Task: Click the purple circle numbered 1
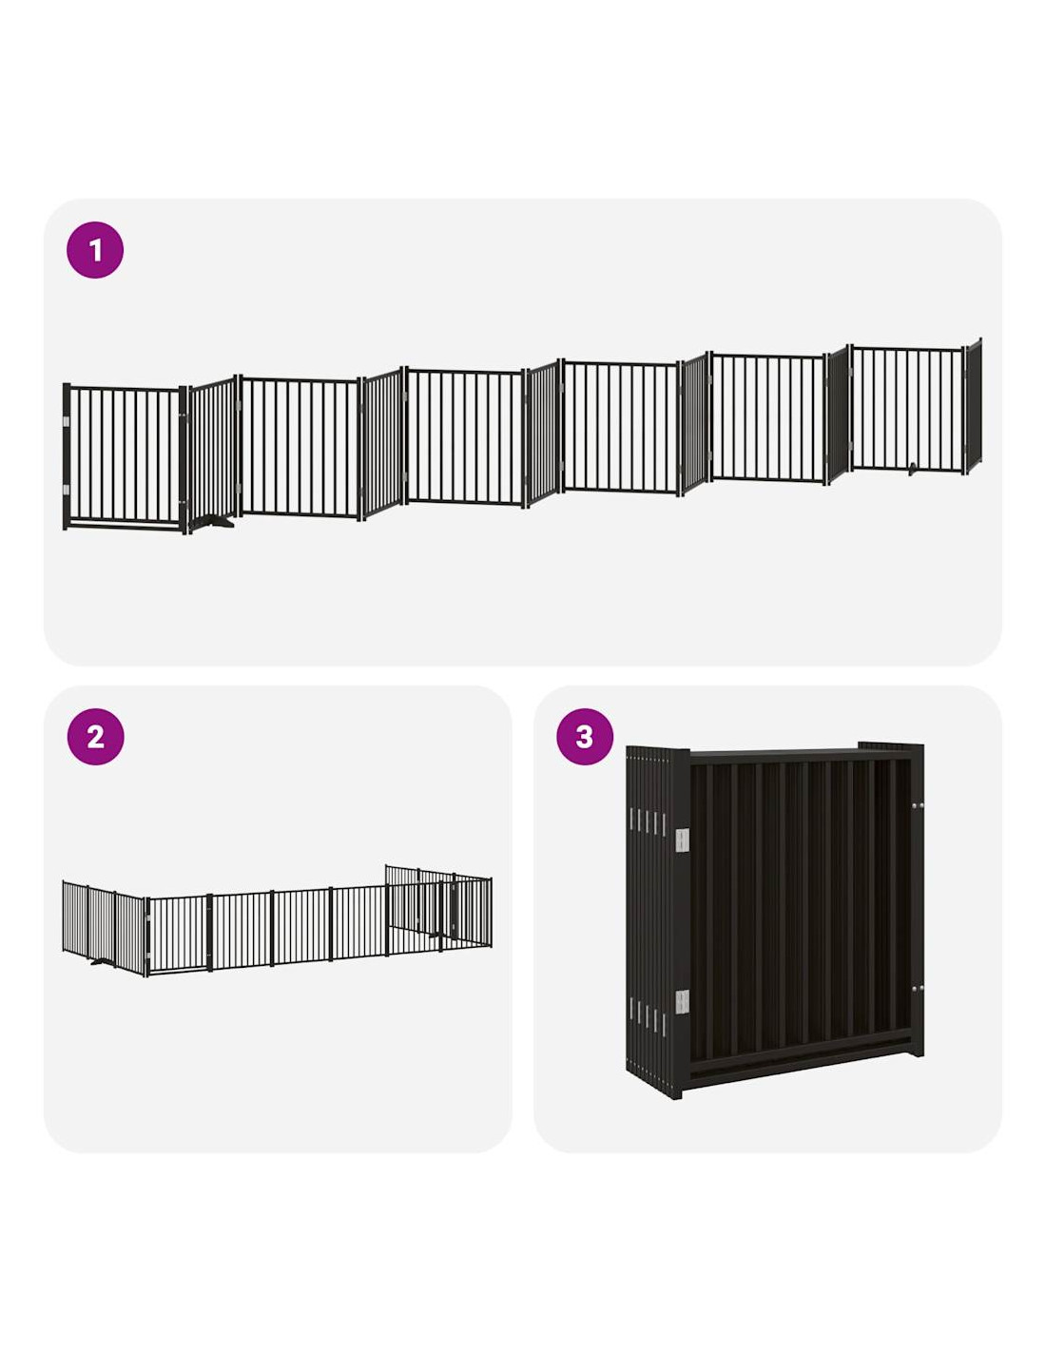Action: coord(95,249)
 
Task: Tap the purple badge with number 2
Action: coord(95,737)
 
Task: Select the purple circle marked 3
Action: coord(585,737)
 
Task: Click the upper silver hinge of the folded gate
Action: coord(682,840)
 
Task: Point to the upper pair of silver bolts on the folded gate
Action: coord(918,806)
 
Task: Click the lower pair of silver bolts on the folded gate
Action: coord(918,989)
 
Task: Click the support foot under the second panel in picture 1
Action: coord(211,521)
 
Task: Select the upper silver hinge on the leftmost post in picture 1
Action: coord(67,422)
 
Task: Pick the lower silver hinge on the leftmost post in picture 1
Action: coord(67,490)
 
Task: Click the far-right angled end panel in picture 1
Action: coord(973,406)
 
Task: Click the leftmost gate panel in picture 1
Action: coord(125,456)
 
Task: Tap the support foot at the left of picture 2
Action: coord(103,961)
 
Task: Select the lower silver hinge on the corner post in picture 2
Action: coord(146,955)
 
